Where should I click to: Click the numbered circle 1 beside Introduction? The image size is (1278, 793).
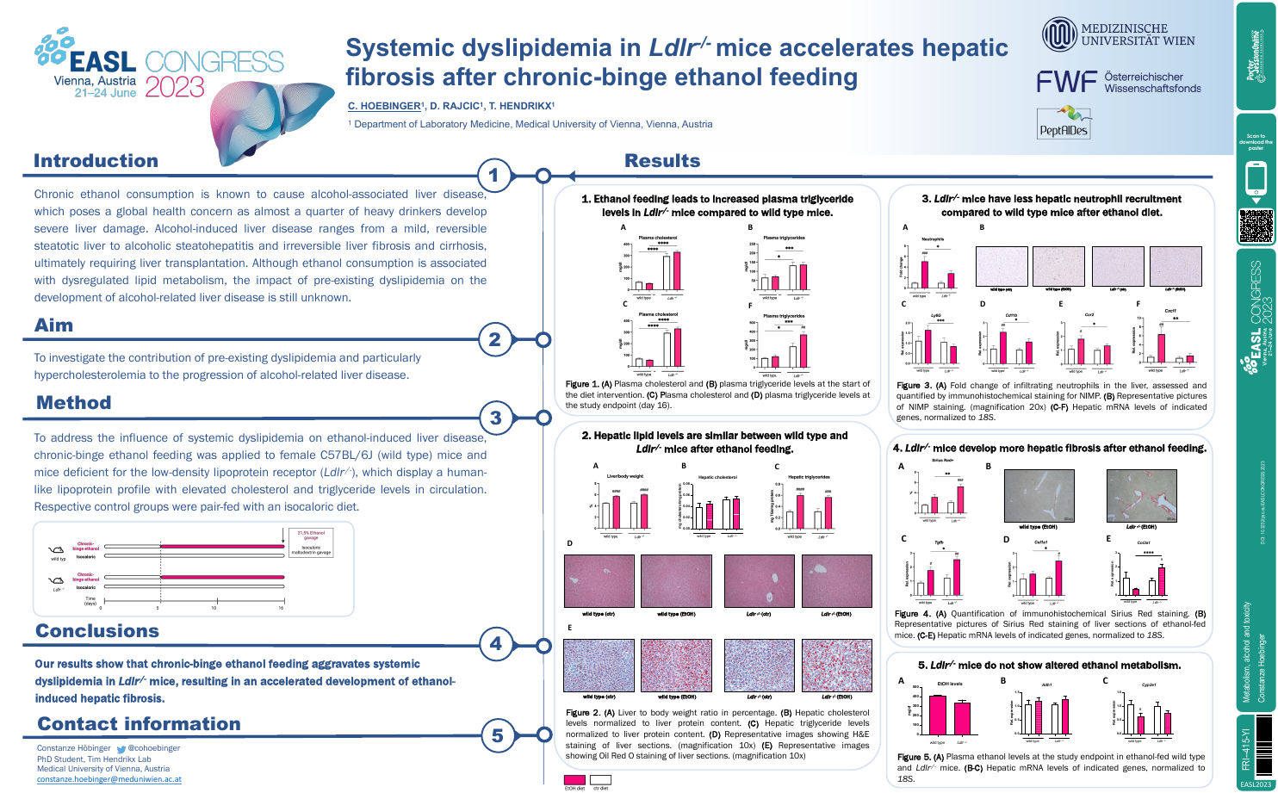494,177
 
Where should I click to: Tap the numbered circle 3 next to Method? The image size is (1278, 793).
495,418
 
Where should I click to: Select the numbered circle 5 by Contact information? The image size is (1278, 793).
497,736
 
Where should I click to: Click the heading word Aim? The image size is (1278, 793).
53,325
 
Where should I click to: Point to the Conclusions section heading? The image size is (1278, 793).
97,631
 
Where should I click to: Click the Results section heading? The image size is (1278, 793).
662,161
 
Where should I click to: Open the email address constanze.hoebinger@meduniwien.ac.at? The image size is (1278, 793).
109,779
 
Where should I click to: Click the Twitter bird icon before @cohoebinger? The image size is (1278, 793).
121,749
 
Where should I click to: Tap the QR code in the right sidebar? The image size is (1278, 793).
1256,226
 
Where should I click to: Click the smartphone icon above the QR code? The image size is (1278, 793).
1256,180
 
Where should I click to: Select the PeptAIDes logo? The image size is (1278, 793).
1064,123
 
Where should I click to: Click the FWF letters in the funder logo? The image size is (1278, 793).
1066,83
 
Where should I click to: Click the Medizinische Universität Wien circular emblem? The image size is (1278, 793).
1058,34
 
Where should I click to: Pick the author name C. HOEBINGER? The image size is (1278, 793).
383,106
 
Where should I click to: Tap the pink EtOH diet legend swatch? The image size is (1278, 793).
574,780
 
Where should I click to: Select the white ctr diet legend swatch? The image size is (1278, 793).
600,780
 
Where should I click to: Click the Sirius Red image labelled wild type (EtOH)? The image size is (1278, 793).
1039,496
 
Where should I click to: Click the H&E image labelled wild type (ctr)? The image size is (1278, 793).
599,581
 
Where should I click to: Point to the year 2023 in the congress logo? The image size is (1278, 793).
175,88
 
